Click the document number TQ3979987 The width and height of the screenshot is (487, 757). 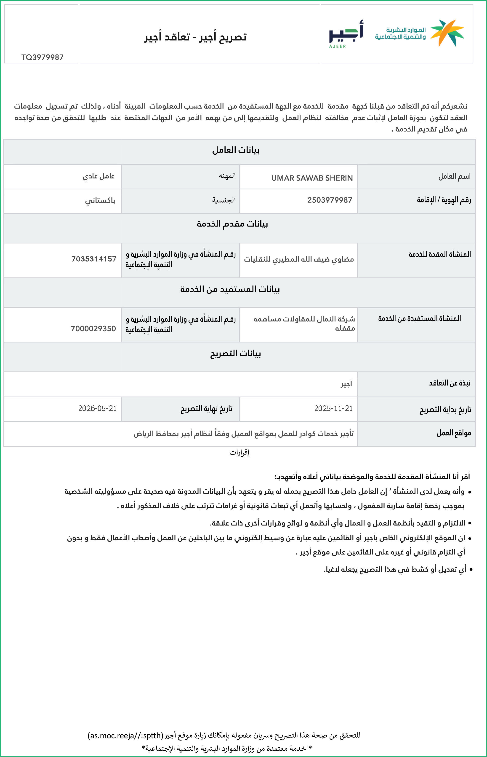click(42, 57)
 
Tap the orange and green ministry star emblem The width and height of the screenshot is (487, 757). click(447, 33)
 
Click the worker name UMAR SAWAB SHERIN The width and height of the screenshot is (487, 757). click(312, 178)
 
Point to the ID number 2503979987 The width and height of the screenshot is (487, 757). click(330, 200)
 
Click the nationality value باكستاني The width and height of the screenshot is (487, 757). click(100, 200)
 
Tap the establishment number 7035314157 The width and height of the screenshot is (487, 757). click(94, 259)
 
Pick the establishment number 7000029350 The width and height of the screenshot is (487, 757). click(93, 329)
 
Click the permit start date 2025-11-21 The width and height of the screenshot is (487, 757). click(333, 408)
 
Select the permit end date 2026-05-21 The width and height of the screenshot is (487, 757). click(97, 408)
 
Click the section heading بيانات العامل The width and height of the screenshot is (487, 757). click(236, 150)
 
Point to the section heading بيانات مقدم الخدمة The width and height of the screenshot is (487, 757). click(232, 224)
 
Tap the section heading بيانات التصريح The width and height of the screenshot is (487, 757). click(236, 353)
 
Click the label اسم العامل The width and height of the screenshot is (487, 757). click(454, 176)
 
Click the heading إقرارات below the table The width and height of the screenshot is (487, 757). click(239, 453)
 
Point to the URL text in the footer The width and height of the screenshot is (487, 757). click(125, 735)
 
